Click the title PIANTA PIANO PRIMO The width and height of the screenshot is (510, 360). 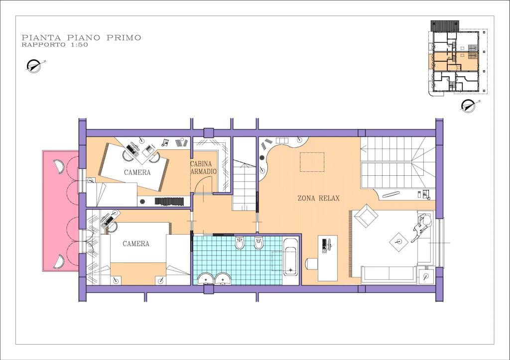point(81,37)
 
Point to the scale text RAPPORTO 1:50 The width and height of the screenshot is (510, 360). point(55,45)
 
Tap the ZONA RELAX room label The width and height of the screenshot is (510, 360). point(318,198)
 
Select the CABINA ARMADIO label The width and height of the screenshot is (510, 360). point(204,167)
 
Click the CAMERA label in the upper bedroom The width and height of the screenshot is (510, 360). point(137,172)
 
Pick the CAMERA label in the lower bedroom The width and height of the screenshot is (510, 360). point(136,243)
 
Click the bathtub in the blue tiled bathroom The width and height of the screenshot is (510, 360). point(290,257)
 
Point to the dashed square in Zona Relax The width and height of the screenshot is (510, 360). point(312,162)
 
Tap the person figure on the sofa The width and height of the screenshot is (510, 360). point(421,227)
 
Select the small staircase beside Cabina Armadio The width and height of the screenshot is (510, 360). point(245,185)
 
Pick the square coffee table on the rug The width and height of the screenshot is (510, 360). point(398,241)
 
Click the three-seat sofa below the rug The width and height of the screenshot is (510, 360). point(388,274)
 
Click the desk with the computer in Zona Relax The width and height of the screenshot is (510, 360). point(327,258)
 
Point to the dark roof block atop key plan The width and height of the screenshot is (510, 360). point(445,26)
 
